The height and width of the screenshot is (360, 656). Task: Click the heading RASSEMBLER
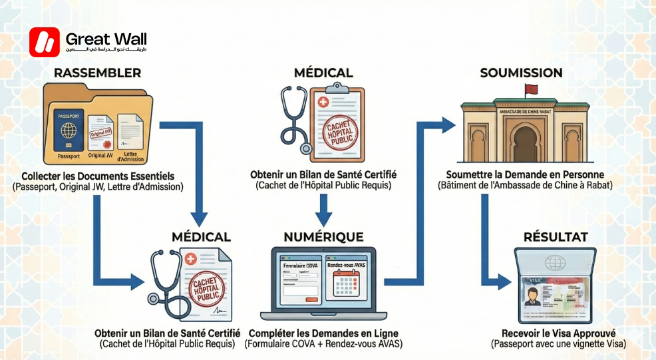pos(96,73)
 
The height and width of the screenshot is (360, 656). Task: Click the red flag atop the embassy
pos(530,90)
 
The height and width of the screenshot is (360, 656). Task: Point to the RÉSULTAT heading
pos(555,237)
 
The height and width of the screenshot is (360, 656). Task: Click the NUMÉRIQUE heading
pos(323,237)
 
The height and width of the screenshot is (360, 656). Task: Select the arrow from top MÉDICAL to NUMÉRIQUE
pos(323,209)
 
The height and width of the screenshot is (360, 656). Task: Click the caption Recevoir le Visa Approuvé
pos(559,333)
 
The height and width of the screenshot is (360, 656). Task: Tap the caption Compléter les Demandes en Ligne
pos(323,333)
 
